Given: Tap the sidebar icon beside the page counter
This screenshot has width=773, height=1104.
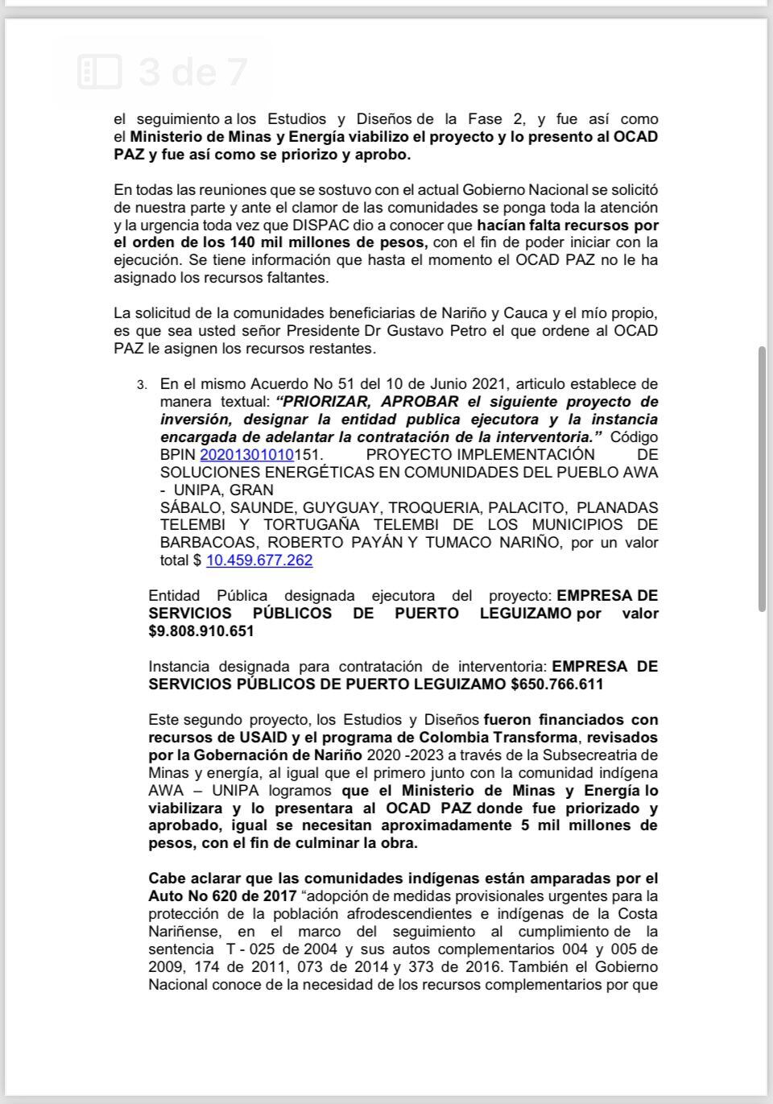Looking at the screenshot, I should pos(100,72).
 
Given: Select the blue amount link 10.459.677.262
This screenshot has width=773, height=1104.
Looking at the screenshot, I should pos(259,560).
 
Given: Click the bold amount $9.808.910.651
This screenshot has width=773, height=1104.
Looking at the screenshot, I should pos(201,631).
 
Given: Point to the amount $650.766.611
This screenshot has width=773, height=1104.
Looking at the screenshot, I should pos(556,684).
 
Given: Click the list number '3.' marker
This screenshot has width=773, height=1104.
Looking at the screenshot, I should pos(142,384).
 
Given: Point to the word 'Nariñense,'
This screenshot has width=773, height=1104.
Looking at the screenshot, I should pos(184,931).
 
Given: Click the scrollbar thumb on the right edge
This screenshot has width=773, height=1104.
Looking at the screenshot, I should pos(762,479).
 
